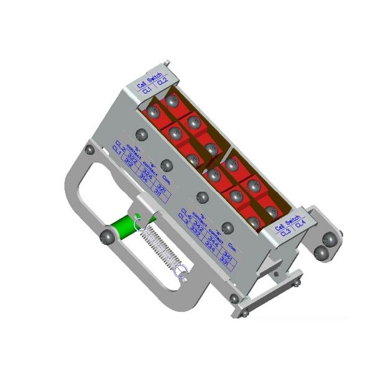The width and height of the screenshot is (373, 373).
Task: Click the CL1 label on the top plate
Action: pyautogui.click(x=146, y=91)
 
